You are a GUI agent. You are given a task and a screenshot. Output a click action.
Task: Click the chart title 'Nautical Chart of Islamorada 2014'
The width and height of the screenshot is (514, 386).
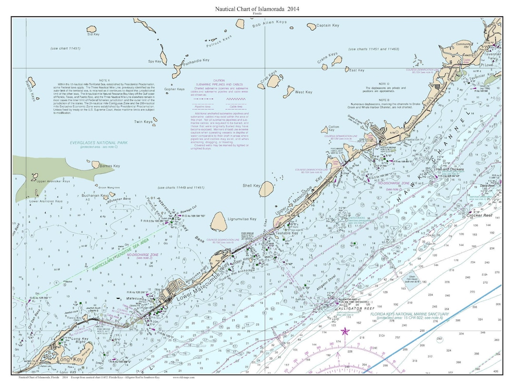[x=257, y=9]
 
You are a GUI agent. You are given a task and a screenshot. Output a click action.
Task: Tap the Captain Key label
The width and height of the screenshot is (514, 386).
[x=328, y=25]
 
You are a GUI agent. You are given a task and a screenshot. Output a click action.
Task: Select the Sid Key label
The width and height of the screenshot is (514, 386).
[x=93, y=34]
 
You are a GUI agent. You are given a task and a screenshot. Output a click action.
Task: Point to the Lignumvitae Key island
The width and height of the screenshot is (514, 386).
[x=218, y=221]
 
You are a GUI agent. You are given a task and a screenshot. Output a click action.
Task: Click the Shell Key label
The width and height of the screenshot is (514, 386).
[x=251, y=185]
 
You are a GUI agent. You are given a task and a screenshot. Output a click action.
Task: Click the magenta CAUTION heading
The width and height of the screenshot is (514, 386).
[x=218, y=81]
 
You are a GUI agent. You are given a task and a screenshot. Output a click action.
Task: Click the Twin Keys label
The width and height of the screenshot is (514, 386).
[x=143, y=122]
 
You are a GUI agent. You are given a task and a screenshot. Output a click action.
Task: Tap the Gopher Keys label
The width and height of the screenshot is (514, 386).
[x=174, y=89]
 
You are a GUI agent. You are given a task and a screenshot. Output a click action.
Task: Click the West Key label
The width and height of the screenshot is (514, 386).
[x=303, y=92]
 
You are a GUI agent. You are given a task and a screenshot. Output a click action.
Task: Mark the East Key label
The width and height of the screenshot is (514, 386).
[x=356, y=70]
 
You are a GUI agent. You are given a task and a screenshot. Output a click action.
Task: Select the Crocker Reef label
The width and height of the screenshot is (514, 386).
[x=478, y=215]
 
